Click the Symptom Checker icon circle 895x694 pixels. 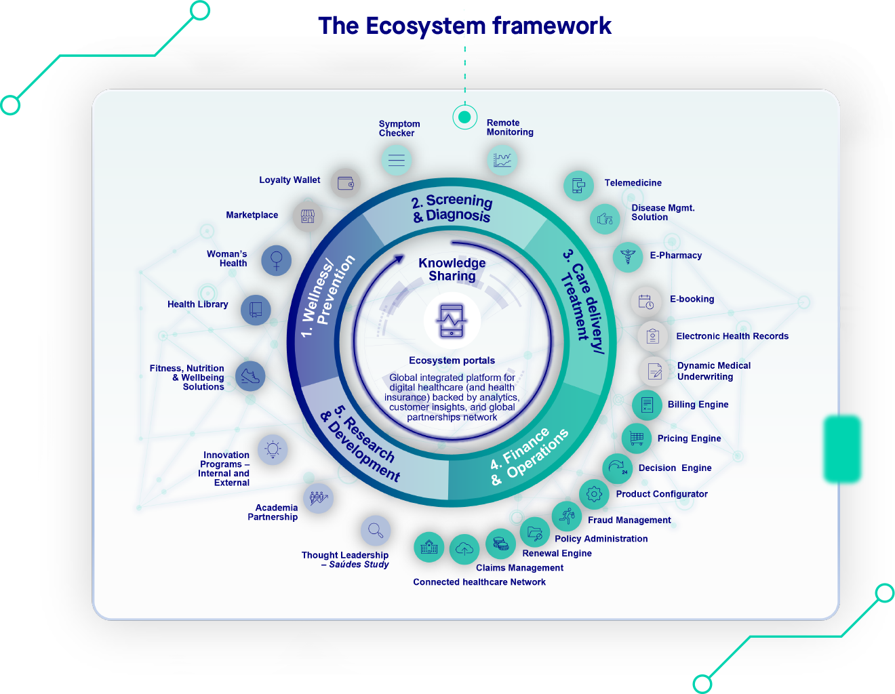tap(397, 161)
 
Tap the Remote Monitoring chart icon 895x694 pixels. tap(502, 160)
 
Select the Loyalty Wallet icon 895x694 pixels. tap(346, 183)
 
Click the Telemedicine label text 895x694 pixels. tap(633, 183)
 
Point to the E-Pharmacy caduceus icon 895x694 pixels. tap(628, 257)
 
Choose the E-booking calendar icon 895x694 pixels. tap(646, 302)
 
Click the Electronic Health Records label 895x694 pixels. tap(732, 336)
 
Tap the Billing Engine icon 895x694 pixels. tap(647, 405)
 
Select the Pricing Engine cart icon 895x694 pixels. tap(637, 438)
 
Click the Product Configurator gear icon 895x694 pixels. tap(594, 494)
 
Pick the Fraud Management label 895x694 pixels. tap(629, 520)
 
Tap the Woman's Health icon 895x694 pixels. tap(277, 260)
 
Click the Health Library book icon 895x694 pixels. tap(256, 310)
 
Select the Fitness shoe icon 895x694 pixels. tap(250, 375)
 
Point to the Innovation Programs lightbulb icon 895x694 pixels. tap(273, 449)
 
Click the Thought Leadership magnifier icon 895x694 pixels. tap(376, 530)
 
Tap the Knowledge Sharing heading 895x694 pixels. tap(452, 269)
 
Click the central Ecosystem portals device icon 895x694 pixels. tap(452, 321)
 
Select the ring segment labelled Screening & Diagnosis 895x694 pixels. tap(452, 208)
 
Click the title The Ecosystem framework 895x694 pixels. tap(464, 26)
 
